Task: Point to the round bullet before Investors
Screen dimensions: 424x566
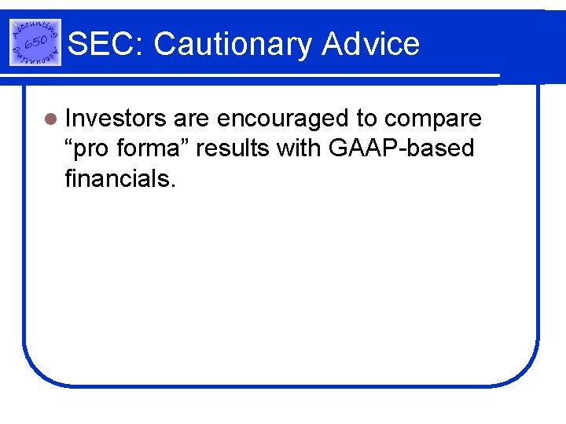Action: tap(51, 119)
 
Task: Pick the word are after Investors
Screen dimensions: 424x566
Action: tap(191, 119)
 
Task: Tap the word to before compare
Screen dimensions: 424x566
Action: tap(367, 119)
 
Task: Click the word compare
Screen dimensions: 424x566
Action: tap(433, 119)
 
